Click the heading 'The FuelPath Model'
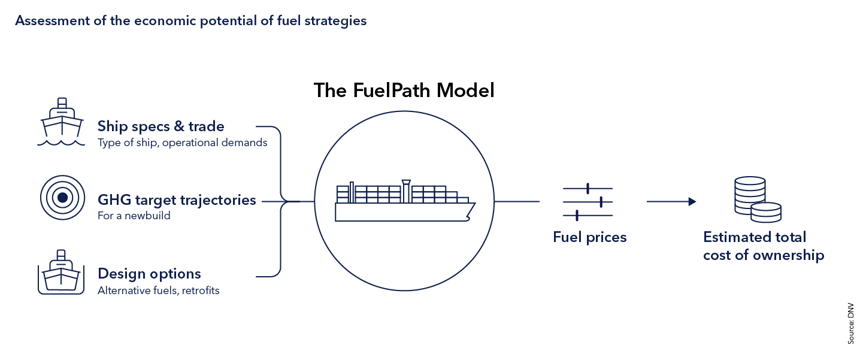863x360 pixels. click(404, 90)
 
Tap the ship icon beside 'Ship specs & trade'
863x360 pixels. click(61, 122)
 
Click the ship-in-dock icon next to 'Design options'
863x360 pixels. click(61, 273)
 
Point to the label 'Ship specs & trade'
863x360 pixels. click(161, 126)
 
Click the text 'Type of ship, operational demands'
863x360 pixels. click(182, 143)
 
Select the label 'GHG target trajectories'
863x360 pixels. click(177, 199)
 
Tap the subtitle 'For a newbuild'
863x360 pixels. click(134, 216)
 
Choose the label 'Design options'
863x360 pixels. click(149, 274)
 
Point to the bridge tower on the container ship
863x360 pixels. click(406, 190)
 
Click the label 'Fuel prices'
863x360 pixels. click(589, 237)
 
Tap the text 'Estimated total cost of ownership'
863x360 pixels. click(763, 246)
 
